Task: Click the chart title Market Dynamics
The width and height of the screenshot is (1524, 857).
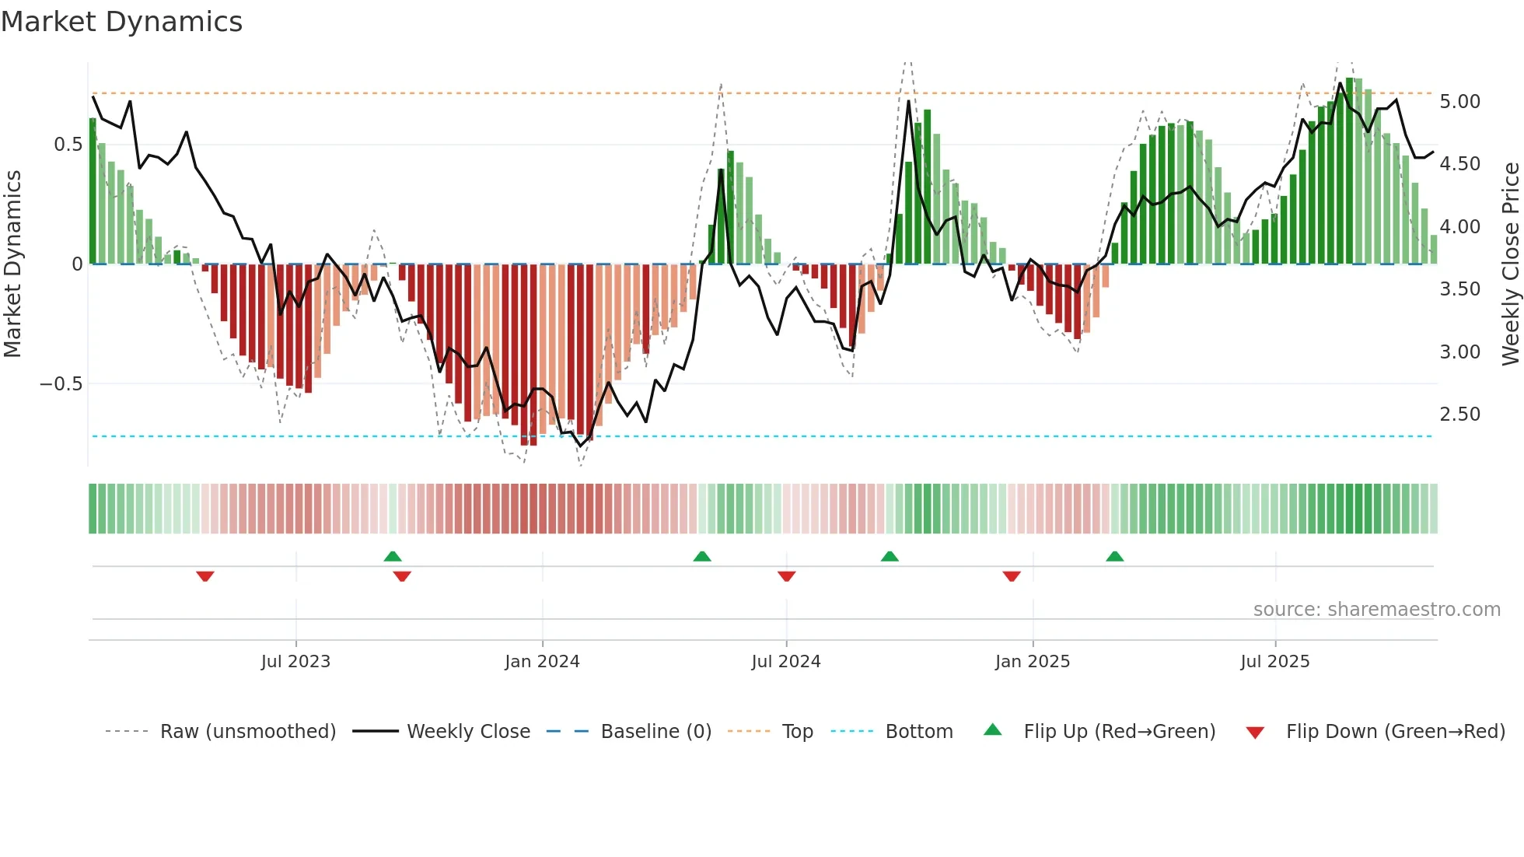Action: [x=121, y=22]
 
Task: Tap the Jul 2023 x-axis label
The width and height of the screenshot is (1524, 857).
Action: [x=295, y=662]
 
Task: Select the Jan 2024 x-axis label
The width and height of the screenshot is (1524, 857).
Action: [x=542, y=662]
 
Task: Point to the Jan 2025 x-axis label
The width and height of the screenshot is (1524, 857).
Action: [x=1032, y=662]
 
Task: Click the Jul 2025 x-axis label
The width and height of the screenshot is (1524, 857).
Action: [x=1274, y=662]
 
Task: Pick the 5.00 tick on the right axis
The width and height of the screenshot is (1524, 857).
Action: [x=1459, y=102]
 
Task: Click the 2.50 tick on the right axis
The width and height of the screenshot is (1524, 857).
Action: [x=1459, y=415]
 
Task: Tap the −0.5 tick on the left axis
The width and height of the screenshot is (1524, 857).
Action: [x=61, y=384]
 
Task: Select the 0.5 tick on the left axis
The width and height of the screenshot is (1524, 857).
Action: [x=68, y=145]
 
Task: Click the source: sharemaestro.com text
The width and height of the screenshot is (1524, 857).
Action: [x=1376, y=610]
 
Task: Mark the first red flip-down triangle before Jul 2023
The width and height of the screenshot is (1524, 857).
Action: [x=205, y=576]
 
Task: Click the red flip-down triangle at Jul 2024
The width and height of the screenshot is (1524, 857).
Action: [x=786, y=576]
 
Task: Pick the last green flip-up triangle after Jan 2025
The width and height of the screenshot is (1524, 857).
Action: [x=1114, y=556]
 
